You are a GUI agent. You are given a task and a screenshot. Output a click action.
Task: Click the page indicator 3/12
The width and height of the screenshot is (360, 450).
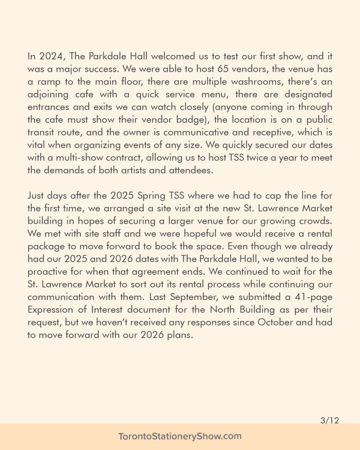pyautogui.click(x=330, y=421)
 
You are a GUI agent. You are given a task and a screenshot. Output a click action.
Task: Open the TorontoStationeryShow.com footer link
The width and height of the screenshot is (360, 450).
pyautogui.click(x=180, y=437)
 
